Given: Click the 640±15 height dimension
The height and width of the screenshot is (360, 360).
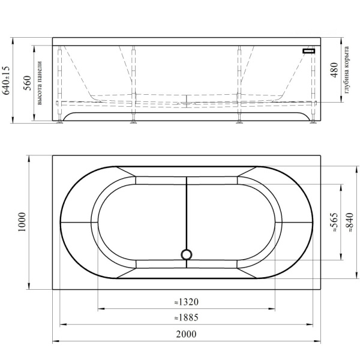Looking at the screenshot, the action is pos(6,80).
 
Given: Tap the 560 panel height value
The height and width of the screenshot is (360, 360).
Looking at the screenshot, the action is pos(27,83).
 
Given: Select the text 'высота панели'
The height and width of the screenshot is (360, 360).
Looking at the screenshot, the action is pos(40,83).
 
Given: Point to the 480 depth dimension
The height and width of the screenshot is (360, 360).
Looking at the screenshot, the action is pos(334,70).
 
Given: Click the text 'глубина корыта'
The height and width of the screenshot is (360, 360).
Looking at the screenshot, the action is pos(347,70).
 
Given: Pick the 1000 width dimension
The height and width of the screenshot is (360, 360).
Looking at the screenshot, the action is pos(22,222).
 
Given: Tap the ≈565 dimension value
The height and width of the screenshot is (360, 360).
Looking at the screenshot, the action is pos(334,222).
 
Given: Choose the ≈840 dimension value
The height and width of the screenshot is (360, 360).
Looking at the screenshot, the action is pos(349,222).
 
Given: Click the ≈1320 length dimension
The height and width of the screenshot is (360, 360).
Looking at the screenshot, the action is pos(186,302).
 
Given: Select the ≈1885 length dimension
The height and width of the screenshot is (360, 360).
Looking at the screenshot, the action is pos(186,317).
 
